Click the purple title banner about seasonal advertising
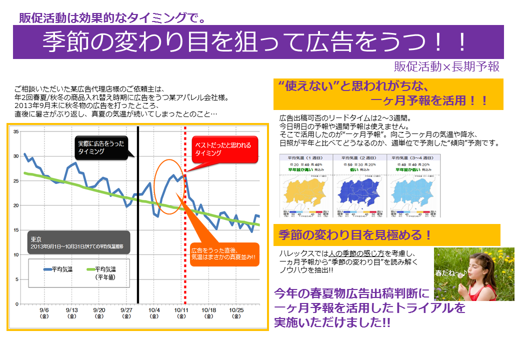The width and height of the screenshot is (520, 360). click(258, 42)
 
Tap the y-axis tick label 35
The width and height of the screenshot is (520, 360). click(15, 131)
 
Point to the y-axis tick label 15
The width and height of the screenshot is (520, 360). click(15, 230)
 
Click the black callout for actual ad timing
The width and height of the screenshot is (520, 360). click(100, 147)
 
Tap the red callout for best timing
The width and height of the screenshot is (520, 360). click(224, 149)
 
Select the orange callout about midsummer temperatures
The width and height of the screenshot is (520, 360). click(223, 253)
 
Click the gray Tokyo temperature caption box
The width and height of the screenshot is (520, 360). click(79, 242)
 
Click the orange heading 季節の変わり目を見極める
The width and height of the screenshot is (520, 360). click(354, 234)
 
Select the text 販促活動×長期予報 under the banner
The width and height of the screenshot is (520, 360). click(446, 67)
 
